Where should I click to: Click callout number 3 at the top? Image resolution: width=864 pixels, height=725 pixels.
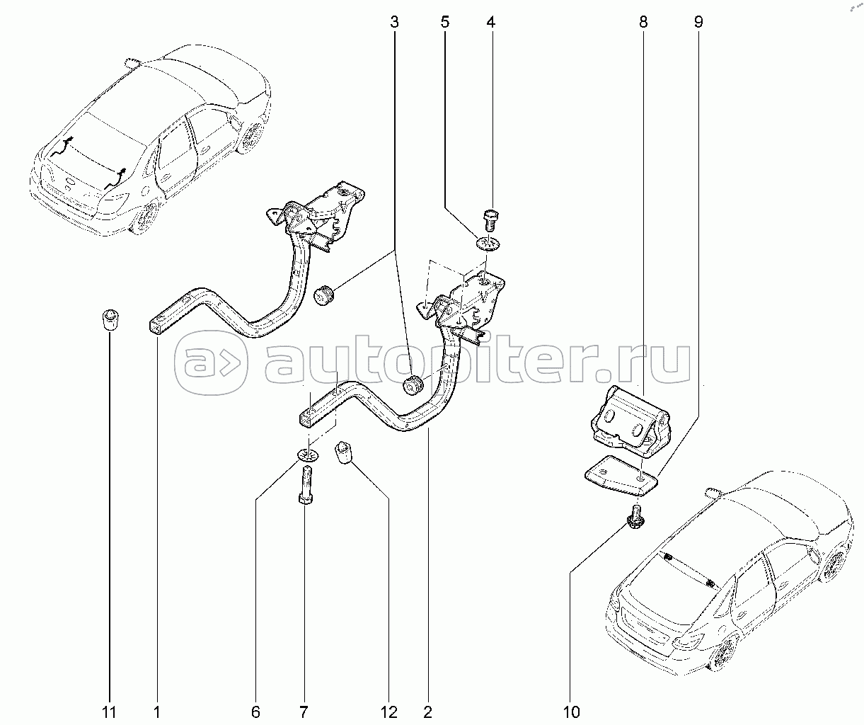[x=394, y=21]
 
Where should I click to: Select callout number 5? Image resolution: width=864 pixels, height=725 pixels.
[x=444, y=21]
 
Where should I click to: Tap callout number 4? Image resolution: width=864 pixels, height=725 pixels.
[x=490, y=21]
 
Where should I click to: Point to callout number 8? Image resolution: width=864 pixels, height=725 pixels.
[x=643, y=21]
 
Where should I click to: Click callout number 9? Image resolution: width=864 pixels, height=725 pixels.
[x=698, y=21]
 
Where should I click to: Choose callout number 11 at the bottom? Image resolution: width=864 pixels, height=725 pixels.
[x=109, y=712]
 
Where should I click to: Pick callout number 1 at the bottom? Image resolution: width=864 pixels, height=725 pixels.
[x=157, y=712]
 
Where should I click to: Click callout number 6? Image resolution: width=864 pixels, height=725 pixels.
[x=255, y=712]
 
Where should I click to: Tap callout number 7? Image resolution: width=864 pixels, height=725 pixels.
[x=304, y=712]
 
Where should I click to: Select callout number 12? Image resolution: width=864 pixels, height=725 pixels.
[x=388, y=712]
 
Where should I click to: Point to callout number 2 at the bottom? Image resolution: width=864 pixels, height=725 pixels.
[x=427, y=712]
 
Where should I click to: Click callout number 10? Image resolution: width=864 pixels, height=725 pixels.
[x=572, y=712]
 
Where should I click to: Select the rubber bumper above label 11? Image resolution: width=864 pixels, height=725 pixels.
[x=110, y=319]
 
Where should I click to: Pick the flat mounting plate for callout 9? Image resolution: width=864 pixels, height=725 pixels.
[x=621, y=475]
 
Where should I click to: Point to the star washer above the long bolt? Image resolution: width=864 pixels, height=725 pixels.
[x=308, y=455]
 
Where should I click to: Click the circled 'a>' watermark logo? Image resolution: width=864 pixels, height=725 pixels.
[x=211, y=362]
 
